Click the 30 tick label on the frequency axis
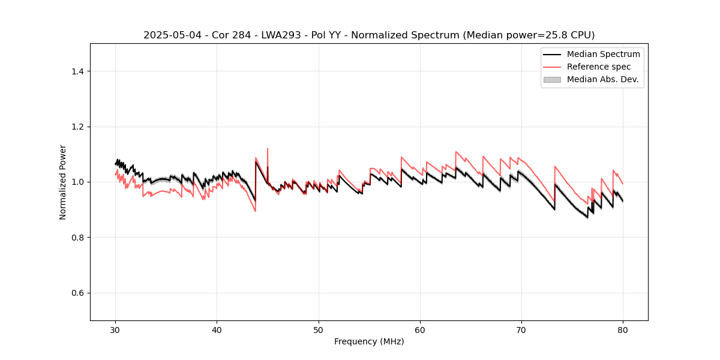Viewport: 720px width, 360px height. [x=116, y=330]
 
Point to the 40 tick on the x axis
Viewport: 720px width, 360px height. [x=217, y=330]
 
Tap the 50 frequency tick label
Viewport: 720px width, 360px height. [x=319, y=330]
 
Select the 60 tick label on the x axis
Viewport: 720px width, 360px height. [x=420, y=330]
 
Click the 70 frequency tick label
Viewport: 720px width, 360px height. [x=521, y=330]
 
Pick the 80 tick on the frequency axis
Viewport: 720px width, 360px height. [x=623, y=330]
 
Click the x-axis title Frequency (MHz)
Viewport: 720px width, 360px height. [x=369, y=342]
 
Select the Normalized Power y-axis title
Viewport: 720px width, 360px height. [x=63, y=182]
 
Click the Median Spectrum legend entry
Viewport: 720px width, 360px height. [x=603, y=54]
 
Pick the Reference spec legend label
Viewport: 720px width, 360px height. [x=599, y=67]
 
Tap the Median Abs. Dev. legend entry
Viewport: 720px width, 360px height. [x=602, y=79]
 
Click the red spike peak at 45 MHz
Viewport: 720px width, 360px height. [x=268, y=149]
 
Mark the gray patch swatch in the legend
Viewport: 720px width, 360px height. [x=552, y=79]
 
